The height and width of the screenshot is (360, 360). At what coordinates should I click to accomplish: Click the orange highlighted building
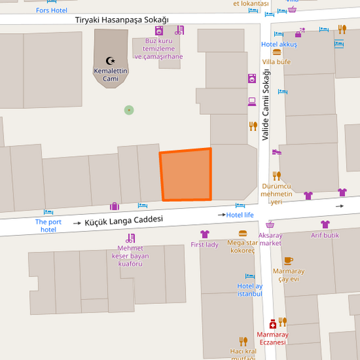186,175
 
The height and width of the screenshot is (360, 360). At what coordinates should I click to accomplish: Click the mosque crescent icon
111,61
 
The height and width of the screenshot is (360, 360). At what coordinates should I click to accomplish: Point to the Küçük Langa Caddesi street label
123,220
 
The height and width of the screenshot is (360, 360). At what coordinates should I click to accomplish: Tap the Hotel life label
240,215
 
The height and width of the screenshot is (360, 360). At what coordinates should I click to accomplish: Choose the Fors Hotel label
52,10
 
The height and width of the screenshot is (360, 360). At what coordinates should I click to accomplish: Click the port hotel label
48,226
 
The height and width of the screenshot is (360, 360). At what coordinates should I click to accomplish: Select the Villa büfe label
276,61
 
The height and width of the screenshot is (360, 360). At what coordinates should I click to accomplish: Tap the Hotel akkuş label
279,45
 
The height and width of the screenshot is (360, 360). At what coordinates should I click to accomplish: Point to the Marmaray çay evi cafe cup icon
288,260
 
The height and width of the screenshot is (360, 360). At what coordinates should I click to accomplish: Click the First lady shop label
205,245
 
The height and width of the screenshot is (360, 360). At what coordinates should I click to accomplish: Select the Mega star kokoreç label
242,246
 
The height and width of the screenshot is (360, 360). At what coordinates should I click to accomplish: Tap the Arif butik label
325,235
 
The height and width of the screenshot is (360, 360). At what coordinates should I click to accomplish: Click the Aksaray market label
270,239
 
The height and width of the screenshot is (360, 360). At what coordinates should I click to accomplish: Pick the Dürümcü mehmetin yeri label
276,194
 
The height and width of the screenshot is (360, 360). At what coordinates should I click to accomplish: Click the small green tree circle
129,110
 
